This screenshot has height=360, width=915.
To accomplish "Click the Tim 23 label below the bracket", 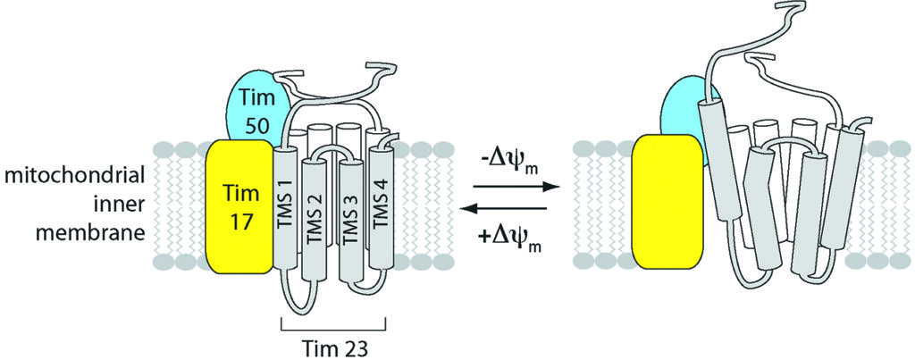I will [332, 349].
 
